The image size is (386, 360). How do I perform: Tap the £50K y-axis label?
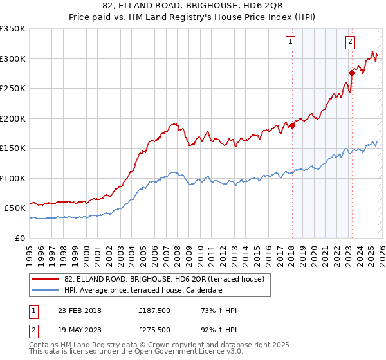pyautogui.click(x=15, y=208)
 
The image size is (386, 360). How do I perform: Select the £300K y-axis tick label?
pyautogui.click(x=13, y=59)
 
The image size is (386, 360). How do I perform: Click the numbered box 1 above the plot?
pyautogui.click(x=291, y=42)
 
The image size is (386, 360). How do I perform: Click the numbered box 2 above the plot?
pyautogui.click(x=351, y=42)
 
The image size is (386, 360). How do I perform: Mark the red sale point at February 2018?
pyautogui.click(x=291, y=125)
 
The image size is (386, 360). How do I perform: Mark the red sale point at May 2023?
pyautogui.click(x=352, y=73)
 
